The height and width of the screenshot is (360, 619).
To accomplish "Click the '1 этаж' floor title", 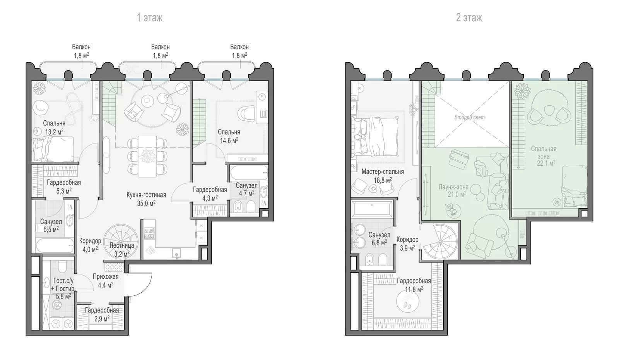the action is (149, 18).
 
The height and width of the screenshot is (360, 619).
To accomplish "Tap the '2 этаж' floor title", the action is (469, 18).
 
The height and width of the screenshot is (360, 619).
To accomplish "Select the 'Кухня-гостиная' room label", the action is (146, 195).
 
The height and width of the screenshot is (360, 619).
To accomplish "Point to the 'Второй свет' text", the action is (470, 117).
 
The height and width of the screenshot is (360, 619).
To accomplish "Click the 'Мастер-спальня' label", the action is (383, 172).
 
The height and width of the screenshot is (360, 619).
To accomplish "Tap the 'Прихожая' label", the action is (106, 276).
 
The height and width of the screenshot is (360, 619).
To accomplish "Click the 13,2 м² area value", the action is (54, 132).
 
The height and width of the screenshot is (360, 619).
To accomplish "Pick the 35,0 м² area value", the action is (146, 204).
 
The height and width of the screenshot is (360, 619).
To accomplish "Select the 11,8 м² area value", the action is (414, 290).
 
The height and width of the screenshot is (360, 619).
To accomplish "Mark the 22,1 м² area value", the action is (546, 163).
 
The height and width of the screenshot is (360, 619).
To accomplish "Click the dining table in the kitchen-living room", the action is (147, 156).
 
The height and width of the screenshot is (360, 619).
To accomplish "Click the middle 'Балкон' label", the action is (160, 47).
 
